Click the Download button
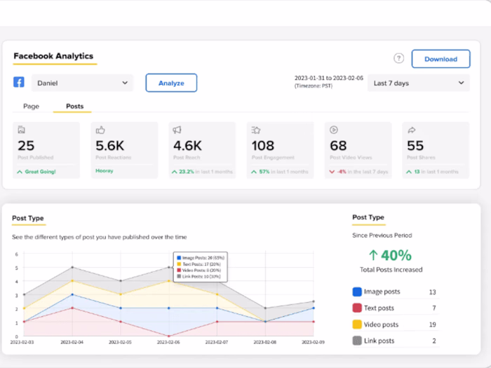pyautogui.click(x=440, y=59)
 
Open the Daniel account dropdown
pyautogui.click(x=82, y=83)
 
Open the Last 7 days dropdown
pyautogui.click(x=419, y=83)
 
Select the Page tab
pyautogui.click(x=31, y=107)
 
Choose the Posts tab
pyautogui.click(x=74, y=107)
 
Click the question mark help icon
pyautogui.click(x=398, y=59)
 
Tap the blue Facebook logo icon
pyautogui.click(x=19, y=82)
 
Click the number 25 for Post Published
pyautogui.click(x=27, y=146)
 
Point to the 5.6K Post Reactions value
pyautogui.click(x=110, y=146)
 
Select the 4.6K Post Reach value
pyautogui.click(x=187, y=146)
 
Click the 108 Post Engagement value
pyautogui.click(x=263, y=146)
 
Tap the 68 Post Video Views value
pyautogui.click(x=338, y=146)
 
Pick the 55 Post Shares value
pyautogui.click(x=415, y=146)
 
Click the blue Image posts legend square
pyautogui.click(x=357, y=292)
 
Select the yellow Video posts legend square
pyautogui.click(x=357, y=325)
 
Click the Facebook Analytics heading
pyautogui.click(x=53, y=56)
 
